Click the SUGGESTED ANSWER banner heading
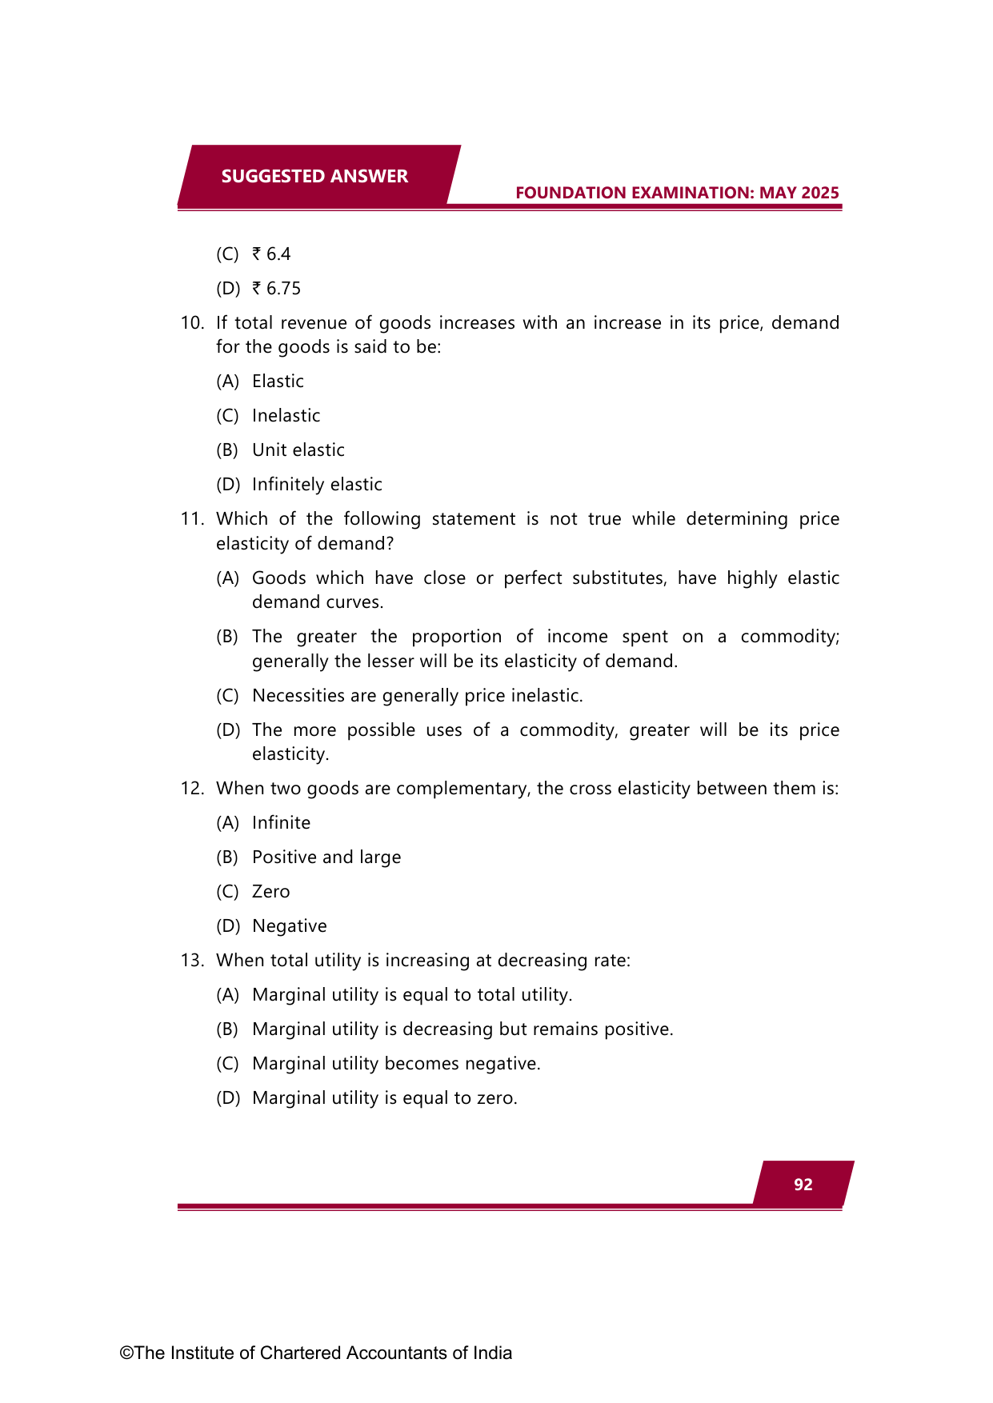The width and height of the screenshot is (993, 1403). point(314,176)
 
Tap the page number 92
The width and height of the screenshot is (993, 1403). point(803,1185)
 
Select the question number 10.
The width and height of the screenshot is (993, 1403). point(192,323)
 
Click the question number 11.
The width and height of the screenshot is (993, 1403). point(192,519)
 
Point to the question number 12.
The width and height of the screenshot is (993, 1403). point(192,789)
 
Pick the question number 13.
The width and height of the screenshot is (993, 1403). point(192,961)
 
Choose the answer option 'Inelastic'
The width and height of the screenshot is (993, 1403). point(286,416)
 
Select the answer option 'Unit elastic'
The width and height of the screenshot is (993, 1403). point(298,450)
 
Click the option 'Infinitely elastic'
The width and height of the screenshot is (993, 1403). point(317,485)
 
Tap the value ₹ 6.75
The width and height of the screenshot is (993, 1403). point(277,289)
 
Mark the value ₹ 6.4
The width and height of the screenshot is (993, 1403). point(272,254)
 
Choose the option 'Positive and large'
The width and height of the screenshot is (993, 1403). point(326,857)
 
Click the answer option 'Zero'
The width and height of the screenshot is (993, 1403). point(270,892)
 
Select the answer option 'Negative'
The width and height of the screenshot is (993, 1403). point(289,926)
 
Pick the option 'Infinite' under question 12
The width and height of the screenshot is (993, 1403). point(281,823)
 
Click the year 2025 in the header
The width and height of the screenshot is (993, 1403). point(819,193)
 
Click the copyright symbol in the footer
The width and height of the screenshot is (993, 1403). point(126,1353)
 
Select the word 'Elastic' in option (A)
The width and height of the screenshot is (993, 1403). point(278,382)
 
